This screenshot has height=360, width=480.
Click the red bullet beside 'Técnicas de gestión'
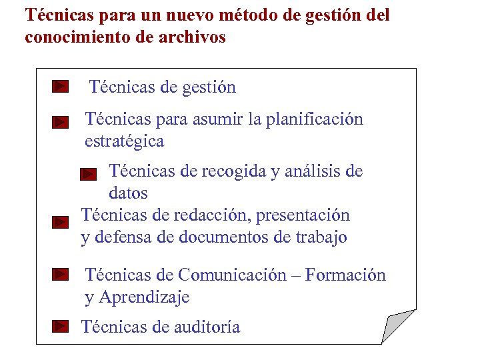[61, 87]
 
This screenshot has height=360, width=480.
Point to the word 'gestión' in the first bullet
[208, 87]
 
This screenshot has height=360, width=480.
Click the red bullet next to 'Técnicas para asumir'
[61, 122]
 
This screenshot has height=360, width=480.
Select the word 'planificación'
[315, 119]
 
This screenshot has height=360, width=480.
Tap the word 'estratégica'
[124, 141]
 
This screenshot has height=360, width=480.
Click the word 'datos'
[128, 193]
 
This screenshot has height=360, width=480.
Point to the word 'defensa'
[123, 237]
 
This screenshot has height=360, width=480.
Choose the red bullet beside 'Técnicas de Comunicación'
[61, 273]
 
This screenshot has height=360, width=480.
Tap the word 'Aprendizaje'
[144, 297]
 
